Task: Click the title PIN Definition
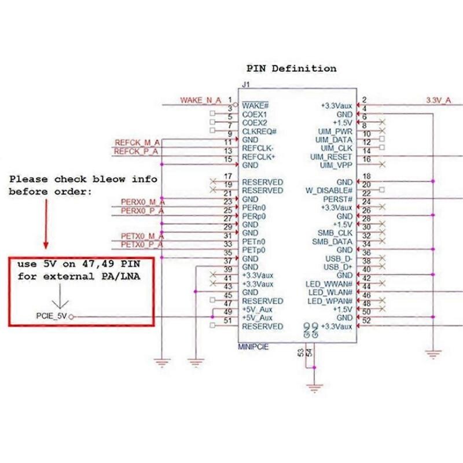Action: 291,68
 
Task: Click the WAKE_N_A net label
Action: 200,100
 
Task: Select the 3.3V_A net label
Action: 438,100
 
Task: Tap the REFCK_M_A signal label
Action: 137,142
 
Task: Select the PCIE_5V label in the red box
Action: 52,316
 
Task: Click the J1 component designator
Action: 246,84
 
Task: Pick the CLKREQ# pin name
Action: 259,131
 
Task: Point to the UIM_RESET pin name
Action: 331,157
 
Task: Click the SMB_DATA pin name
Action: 332,241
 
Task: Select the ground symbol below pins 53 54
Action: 314,389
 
